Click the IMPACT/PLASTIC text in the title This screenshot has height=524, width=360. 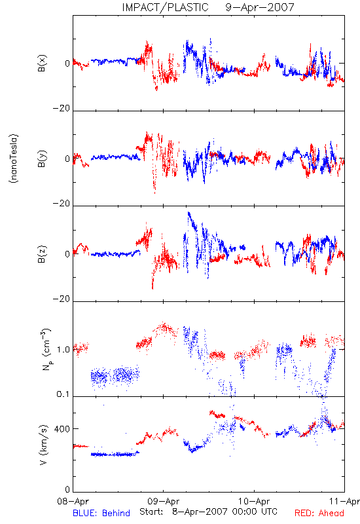point(165,7)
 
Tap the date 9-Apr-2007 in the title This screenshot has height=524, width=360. point(260,7)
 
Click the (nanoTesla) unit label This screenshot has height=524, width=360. point(14,159)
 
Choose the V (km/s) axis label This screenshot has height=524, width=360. point(43,445)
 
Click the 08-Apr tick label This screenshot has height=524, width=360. point(73,502)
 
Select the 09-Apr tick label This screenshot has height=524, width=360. point(164,502)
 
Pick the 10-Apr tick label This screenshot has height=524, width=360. point(254,502)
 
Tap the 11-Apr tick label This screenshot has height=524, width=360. point(344,502)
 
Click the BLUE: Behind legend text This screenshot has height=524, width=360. point(101,513)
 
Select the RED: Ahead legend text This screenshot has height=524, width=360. point(319,513)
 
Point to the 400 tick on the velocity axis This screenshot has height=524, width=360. point(62,429)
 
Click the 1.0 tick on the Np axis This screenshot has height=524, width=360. point(63,350)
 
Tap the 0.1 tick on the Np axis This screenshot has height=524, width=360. point(63,394)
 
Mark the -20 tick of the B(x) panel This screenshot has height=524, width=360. point(62,108)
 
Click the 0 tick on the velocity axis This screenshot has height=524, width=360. point(67,489)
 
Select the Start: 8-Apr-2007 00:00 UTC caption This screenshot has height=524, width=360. point(208,512)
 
